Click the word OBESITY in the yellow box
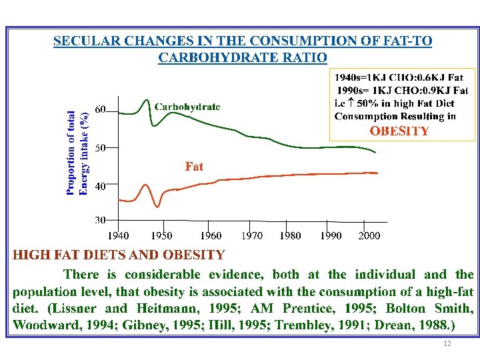(x=399, y=131)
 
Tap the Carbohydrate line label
(x=187, y=106)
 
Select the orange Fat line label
(x=194, y=166)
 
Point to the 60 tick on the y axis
(x=101, y=109)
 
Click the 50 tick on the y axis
(x=101, y=147)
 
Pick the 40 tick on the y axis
(x=101, y=187)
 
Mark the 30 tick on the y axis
(x=101, y=220)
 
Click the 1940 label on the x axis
(x=119, y=235)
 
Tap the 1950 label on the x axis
(x=161, y=235)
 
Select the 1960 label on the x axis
(x=211, y=235)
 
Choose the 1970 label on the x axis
(x=251, y=235)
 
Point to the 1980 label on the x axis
(x=290, y=235)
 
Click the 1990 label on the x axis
(x=331, y=235)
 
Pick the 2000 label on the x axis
(x=369, y=235)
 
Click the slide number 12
(x=447, y=343)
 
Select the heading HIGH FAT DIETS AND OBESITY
(x=119, y=255)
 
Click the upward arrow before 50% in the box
(x=351, y=103)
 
